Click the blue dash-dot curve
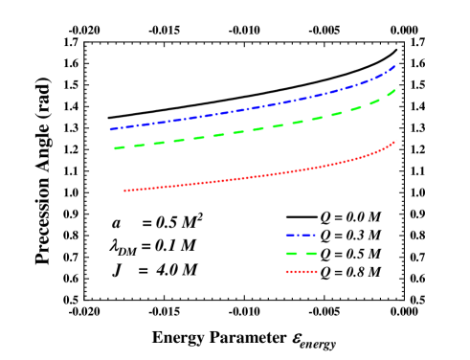[x=249, y=108]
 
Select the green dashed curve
[x=249, y=130]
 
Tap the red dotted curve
[x=249, y=177]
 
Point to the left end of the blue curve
[x=110, y=129]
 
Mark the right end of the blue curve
[x=396, y=64]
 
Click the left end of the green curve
[x=115, y=148]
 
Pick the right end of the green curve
[x=396, y=89]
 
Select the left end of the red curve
[x=124, y=191]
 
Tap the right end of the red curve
[x=396, y=141]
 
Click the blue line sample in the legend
[x=301, y=235]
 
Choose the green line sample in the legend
[x=301, y=254]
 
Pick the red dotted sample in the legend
[x=301, y=272]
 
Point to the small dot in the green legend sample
[x=301, y=254]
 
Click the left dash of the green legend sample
[x=291, y=254]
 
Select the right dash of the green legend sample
[x=311, y=254]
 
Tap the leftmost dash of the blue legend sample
[x=288, y=235]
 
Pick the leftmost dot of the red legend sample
[x=286, y=272]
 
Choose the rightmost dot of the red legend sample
[x=316, y=272]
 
